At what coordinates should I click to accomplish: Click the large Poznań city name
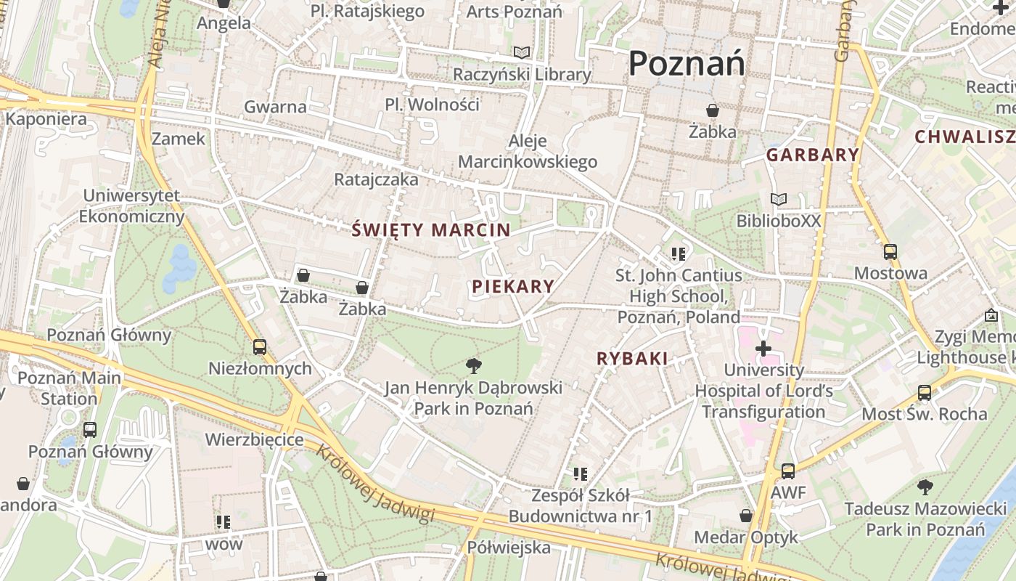tap(686, 63)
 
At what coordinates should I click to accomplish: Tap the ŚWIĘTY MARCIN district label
tap(431, 230)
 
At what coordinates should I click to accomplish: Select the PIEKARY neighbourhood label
tap(513, 286)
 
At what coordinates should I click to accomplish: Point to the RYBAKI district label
tap(632, 358)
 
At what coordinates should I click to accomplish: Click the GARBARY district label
tap(813, 155)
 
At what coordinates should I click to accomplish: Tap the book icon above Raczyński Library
tap(522, 52)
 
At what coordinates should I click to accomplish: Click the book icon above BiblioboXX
tap(779, 199)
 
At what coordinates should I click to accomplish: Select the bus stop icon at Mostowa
tap(890, 252)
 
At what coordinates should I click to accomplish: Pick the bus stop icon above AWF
tap(788, 471)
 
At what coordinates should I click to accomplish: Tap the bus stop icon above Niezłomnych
tap(260, 346)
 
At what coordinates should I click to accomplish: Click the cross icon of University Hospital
tap(763, 349)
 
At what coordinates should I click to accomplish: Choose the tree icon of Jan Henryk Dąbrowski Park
tap(474, 365)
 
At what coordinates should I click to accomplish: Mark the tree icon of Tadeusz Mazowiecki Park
tap(925, 487)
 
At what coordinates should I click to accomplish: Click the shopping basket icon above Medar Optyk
tap(746, 516)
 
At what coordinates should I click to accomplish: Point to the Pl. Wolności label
tap(432, 105)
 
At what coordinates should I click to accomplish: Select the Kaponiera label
tap(46, 119)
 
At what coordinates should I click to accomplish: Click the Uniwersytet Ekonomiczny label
tap(131, 206)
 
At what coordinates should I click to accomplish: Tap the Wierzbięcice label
tap(254, 439)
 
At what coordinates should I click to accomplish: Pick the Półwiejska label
tap(509, 547)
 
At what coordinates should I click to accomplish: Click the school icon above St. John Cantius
tap(679, 253)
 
